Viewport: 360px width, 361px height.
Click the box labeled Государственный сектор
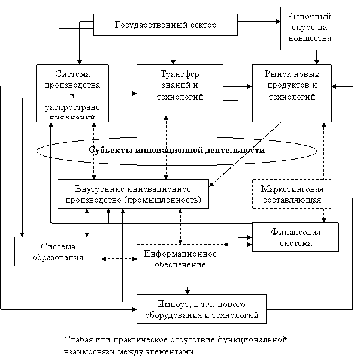(165, 25)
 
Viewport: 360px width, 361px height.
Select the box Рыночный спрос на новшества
(309, 28)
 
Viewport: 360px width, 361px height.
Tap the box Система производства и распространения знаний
(72, 93)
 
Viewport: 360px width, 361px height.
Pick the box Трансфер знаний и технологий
(180, 89)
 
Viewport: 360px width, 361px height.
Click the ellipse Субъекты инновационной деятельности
(177, 150)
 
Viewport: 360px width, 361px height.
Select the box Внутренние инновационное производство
(133, 194)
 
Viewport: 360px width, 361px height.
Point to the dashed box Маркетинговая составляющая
(291, 194)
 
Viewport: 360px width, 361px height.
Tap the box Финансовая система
(295, 237)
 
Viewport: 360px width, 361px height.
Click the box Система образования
(58, 252)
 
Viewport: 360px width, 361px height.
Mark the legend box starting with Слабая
(198, 345)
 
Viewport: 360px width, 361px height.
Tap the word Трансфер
(180, 74)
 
